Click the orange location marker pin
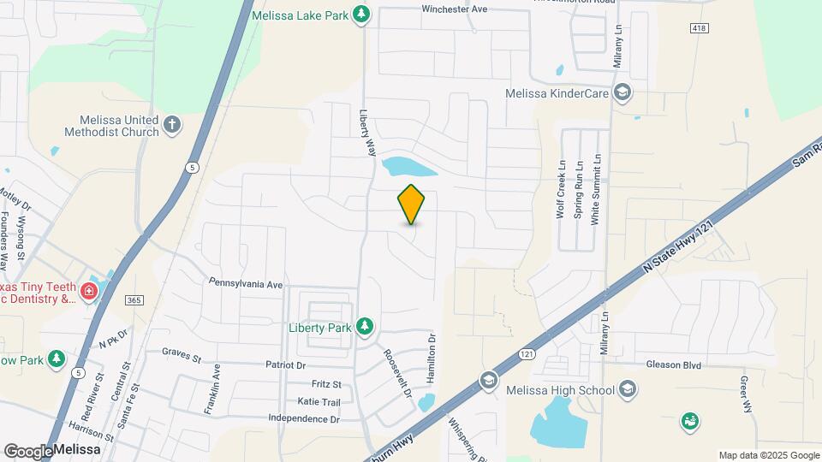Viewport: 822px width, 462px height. pos(411,204)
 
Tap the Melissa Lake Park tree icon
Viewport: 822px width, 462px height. pos(362,14)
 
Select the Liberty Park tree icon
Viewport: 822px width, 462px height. pos(366,325)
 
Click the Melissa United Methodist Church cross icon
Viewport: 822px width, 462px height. pos(171,125)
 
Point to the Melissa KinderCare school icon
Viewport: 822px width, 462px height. pos(623,92)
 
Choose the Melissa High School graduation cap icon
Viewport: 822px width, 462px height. pos(628,391)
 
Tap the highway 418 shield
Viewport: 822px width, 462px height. pos(698,28)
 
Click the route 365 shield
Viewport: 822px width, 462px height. pos(133,300)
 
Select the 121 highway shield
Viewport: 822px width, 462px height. pos(527,353)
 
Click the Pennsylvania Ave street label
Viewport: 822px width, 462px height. pos(246,282)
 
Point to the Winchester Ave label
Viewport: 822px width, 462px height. pos(454,9)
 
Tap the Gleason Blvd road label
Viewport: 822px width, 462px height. pos(674,364)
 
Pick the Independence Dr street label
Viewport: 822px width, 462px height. pos(304,419)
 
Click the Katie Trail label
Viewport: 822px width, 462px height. pos(319,402)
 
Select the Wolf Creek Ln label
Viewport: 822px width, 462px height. pos(562,190)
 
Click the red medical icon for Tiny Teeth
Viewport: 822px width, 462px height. pos(87,293)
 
